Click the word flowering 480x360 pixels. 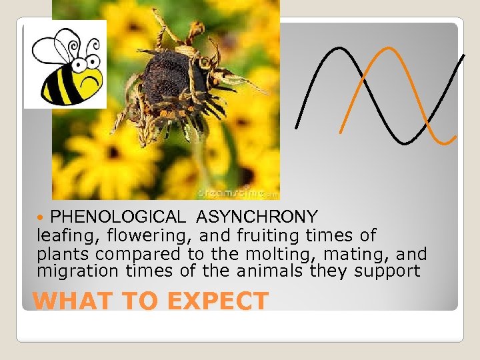coord(135,235)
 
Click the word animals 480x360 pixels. coord(275,271)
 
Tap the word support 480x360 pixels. coord(388,271)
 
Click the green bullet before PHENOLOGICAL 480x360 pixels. coord(43,217)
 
